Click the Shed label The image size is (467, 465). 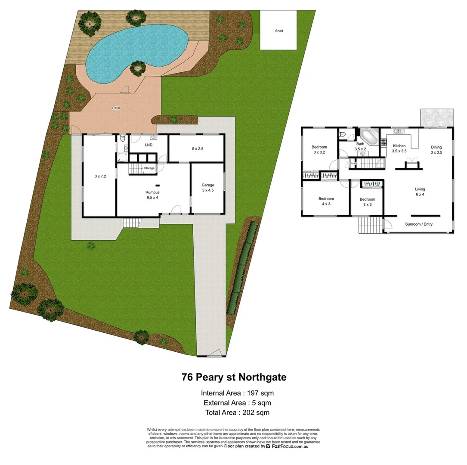coord(279,31)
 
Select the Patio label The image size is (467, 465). coord(116,108)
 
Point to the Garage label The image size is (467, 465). coord(208,187)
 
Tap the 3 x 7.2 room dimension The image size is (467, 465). coord(100,176)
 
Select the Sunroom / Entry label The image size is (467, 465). coord(419,224)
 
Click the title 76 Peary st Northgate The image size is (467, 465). coord(234,377)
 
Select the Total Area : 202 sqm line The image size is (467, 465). coord(237,412)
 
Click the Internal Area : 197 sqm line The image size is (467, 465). coord(237,393)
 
